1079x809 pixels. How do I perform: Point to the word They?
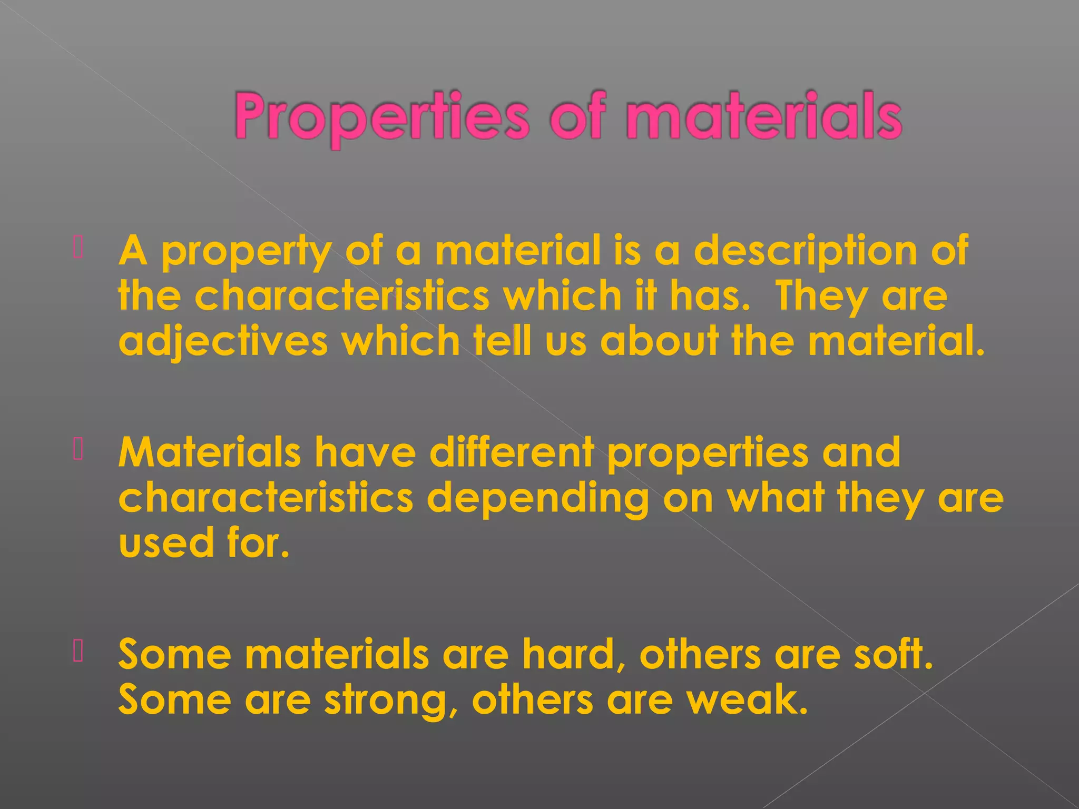[821, 297]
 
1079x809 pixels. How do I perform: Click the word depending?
[538, 499]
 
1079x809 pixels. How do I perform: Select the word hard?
[574, 655]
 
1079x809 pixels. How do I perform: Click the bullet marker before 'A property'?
[78, 248]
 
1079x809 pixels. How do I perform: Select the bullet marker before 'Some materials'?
[78, 651]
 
